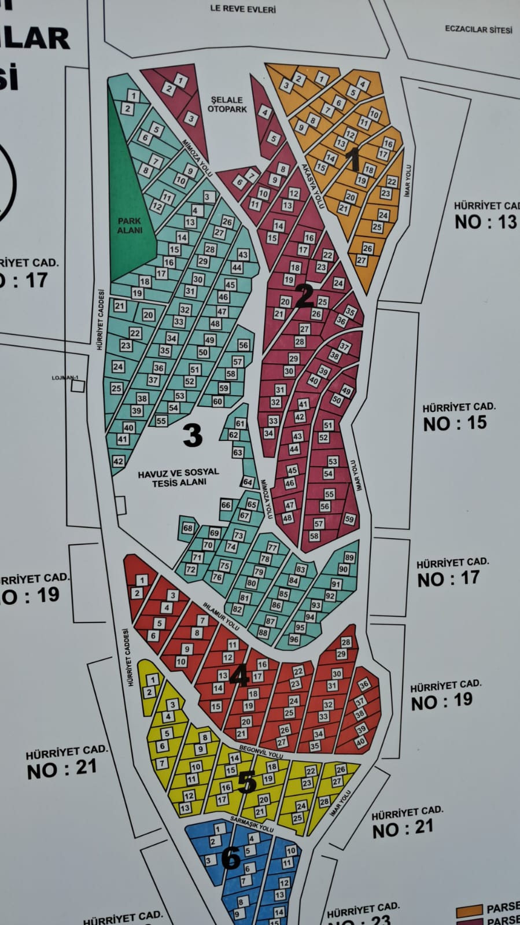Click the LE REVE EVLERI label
(x=243, y=9)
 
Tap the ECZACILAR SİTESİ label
(x=478, y=29)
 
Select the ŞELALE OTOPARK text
(x=227, y=105)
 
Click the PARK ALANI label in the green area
(x=130, y=226)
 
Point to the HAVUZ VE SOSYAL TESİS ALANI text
(x=179, y=477)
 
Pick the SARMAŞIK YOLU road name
(x=252, y=824)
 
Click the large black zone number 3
(x=193, y=434)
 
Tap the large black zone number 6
(x=231, y=858)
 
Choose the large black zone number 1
(x=353, y=159)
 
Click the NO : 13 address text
(x=485, y=222)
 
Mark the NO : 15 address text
(x=455, y=423)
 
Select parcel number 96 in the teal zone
(x=294, y=639)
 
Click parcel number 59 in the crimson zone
(x=349, y=519)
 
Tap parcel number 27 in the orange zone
(x=362, y=260)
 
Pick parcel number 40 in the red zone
(x=360, y=742)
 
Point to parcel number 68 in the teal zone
(x=188, y=528)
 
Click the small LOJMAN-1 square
(x=77, y=385)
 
